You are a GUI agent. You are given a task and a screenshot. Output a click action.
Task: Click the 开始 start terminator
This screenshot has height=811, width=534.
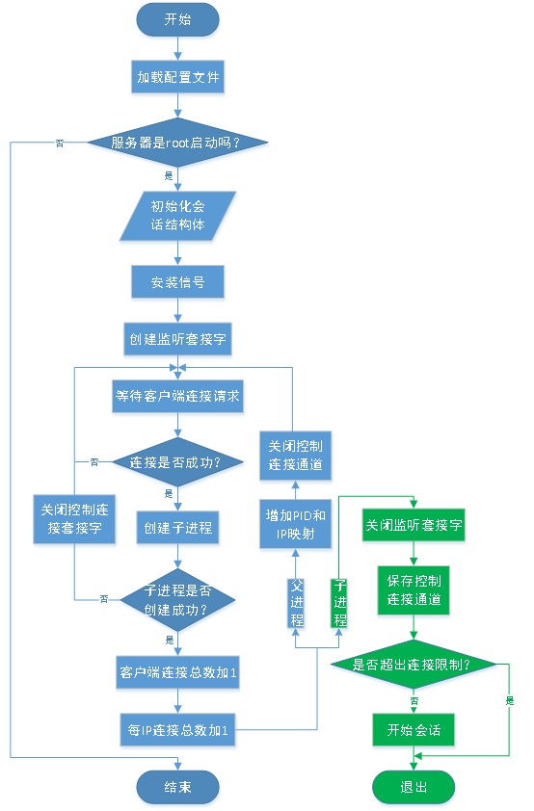tap(177, 18)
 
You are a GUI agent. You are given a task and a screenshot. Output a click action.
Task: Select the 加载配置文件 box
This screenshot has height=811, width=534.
tap(177, 77)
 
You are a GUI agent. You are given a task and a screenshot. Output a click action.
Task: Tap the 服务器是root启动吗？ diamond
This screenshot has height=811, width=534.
tap(176, 143)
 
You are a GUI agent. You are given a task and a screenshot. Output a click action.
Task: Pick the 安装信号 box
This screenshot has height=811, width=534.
tap(177, 282)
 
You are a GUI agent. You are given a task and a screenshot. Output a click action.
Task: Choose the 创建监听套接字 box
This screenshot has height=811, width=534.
tap(177, 339)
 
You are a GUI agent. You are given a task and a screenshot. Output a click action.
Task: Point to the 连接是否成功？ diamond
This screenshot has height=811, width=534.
tap(176, 461)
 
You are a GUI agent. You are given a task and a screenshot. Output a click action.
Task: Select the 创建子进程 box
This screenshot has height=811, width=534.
tap(177, 528)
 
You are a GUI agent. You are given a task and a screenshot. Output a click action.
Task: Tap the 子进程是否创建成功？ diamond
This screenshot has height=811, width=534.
tap(176, 598)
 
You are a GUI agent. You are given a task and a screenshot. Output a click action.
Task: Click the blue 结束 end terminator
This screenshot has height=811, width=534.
tap(177, 787)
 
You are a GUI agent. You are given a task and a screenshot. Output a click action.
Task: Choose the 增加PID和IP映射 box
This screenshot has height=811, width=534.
tap(296, 524)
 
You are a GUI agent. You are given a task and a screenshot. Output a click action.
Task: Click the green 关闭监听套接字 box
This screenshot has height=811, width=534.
tap(414, 527)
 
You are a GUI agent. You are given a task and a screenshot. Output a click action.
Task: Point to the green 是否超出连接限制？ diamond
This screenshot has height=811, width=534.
tap(414, 665)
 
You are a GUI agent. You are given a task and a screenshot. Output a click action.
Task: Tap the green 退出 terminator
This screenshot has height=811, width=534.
tap(414, 787)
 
